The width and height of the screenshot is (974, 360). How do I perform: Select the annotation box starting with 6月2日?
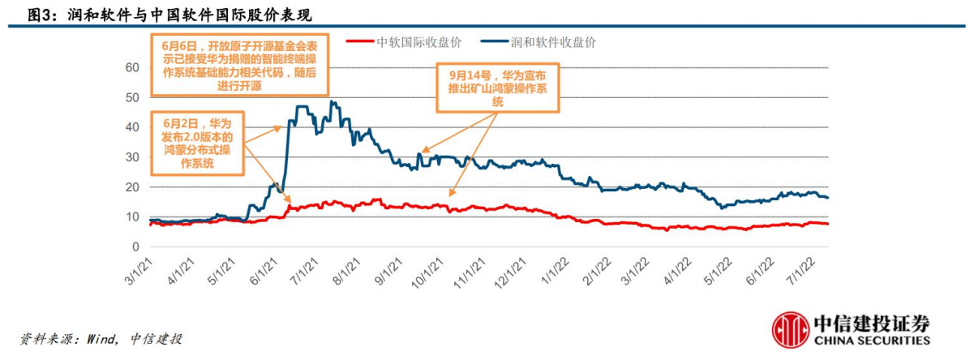point(197,144)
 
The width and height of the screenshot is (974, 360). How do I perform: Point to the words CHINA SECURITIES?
point(871,341)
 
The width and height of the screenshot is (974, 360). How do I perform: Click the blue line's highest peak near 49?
point(331,102)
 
